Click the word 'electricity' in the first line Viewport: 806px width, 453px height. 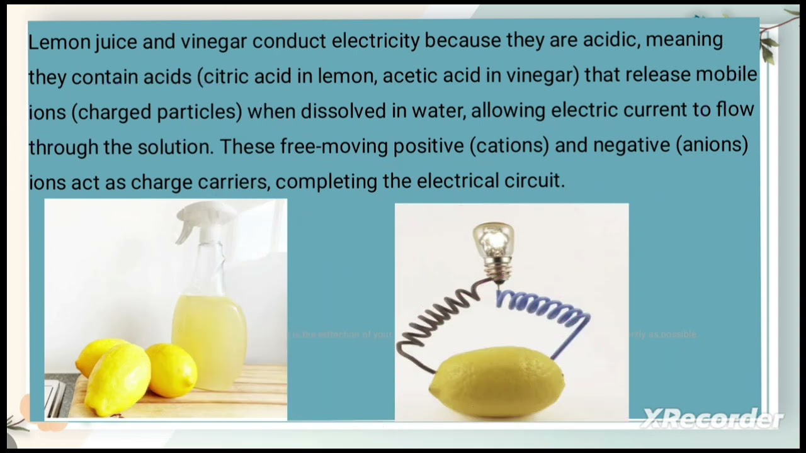click(375, 42)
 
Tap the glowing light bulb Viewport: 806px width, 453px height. click(493, 239)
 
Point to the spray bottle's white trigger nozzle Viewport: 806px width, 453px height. click(200, 220)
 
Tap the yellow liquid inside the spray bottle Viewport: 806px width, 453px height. click(208, 333)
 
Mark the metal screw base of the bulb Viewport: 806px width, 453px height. click(495, 270)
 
